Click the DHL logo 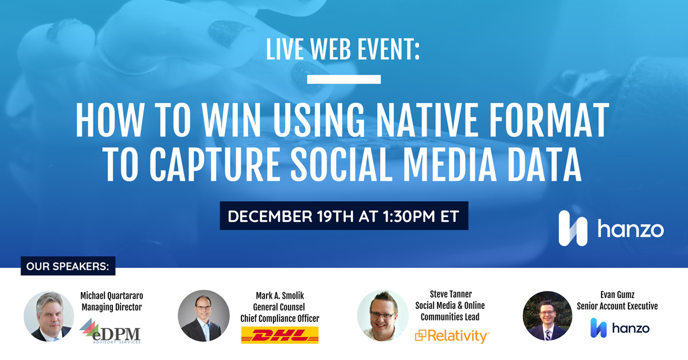coord(280,335)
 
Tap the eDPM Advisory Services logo coord(110,331)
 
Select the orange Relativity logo coord(452,336)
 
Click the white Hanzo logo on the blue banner coord(611,228)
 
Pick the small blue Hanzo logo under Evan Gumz coord(620,328)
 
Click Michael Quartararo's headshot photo coord(49,316)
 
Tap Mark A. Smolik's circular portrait coord(204,316)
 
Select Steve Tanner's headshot coord(383,315)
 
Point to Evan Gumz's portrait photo coord(548,316)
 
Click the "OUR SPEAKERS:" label coord(68,266)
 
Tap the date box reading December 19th coord(344,216)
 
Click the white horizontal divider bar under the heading coord(344,79)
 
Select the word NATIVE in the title coord(427,120)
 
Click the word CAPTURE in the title coord(214,165)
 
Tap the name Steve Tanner coord(451,294)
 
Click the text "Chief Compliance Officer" coord(280,319)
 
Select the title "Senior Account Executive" coord(617,306)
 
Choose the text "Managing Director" coord(112,307)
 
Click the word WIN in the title coord(231,120)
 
